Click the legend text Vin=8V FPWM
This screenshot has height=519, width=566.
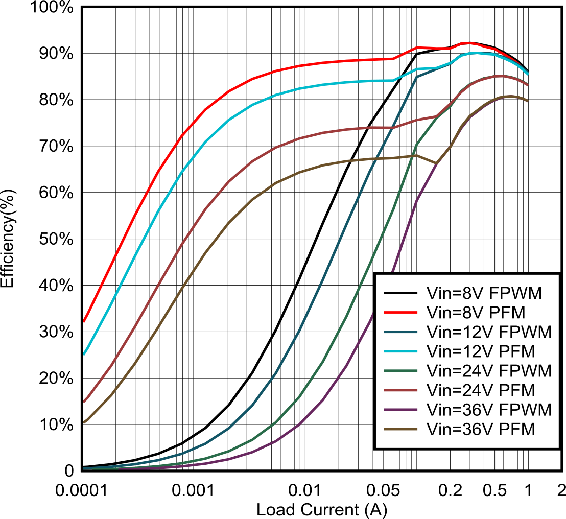click(484, 293)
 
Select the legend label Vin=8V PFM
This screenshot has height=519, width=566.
click(476, 313)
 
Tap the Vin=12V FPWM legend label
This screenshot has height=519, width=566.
click(489, 332)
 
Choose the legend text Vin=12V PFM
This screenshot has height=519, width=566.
click(481, 351)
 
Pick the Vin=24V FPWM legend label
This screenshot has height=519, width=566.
click(489, 371)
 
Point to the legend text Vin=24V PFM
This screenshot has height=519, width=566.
click(481, 390)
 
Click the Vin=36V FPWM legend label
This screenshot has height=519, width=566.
click(489, 410)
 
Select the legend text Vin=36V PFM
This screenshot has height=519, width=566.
click(481, 429)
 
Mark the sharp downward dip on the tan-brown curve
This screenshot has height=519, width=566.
click(435, 163)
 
